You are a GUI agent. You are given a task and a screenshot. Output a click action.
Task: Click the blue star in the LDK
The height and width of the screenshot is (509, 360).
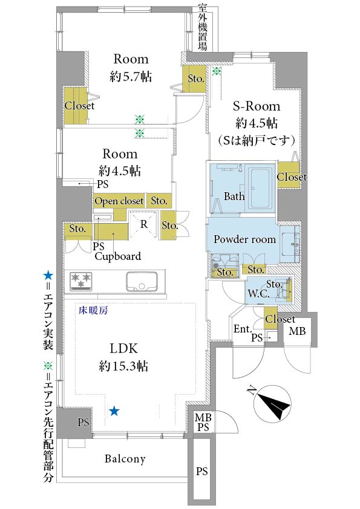[114, 411]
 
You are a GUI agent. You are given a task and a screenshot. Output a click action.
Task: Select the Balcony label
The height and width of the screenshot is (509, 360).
[125, 459]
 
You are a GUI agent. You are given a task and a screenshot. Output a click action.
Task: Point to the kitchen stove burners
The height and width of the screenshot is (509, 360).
[81, 280]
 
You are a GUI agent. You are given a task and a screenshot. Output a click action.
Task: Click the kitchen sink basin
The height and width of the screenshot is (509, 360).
[142, 280]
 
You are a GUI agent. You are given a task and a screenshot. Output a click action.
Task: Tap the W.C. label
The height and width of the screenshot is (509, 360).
[257, 295]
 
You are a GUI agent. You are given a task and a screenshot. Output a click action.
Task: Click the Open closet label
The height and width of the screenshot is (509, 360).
[119, 201]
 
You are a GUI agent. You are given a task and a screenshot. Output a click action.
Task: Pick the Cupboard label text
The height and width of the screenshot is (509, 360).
[117, 256]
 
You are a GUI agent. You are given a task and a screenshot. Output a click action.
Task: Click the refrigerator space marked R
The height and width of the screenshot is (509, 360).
[143, 223]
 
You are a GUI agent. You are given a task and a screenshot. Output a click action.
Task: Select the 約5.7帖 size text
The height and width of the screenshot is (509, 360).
[131, 77]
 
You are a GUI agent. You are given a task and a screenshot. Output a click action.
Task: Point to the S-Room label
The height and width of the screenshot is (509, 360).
[256, 106]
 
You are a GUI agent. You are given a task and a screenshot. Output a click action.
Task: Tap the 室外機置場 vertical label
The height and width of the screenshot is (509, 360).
[203, 28]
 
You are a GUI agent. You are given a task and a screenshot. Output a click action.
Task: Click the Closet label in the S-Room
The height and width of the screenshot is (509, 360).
[292, 177]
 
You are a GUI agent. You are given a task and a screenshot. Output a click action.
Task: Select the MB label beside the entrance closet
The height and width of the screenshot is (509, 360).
[296, 331]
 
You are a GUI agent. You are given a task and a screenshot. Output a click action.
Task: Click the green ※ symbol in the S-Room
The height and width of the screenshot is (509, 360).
[216, 71]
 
